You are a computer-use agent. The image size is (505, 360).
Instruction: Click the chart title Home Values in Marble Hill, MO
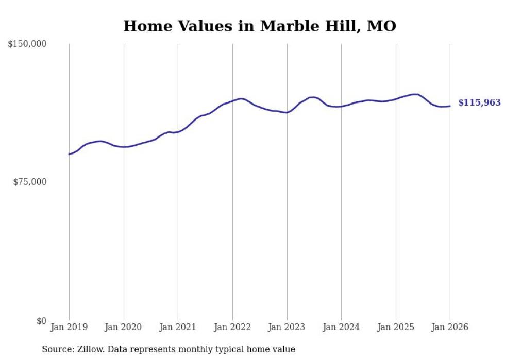tap(260, 26)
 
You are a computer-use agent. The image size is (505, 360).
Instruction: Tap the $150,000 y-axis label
tap(27, 44)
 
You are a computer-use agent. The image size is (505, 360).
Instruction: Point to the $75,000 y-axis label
tap(29, 182)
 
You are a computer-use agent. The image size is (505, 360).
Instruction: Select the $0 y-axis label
tap(41, 321)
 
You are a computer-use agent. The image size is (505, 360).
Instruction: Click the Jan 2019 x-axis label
tap(69, 327)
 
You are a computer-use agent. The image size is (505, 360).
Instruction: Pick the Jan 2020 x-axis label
tap(124, 327)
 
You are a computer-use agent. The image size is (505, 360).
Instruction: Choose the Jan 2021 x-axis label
tap(178, 327)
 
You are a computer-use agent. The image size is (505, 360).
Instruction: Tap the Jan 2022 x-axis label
tap(232, 327)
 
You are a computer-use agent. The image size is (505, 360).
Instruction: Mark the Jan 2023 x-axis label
tap(287, 327)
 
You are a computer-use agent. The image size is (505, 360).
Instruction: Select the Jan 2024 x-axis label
tap(341, 327)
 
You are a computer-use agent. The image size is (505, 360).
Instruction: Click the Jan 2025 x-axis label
tap(396, 327)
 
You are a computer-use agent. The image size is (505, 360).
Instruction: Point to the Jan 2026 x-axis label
tap(450, 327)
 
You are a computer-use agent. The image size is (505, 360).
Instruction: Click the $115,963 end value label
tap(479, 103)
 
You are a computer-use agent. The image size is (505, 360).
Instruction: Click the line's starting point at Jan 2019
tap(69, 154)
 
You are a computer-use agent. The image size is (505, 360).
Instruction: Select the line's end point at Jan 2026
tap(450, 106)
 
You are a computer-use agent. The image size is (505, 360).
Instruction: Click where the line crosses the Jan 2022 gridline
tap(232, 100)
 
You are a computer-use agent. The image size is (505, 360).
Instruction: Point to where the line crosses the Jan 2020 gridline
tap(124, 147)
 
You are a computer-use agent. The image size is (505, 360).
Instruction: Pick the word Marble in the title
tap(285, 26)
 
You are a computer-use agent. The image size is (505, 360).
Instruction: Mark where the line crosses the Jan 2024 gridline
tap(341, 106)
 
